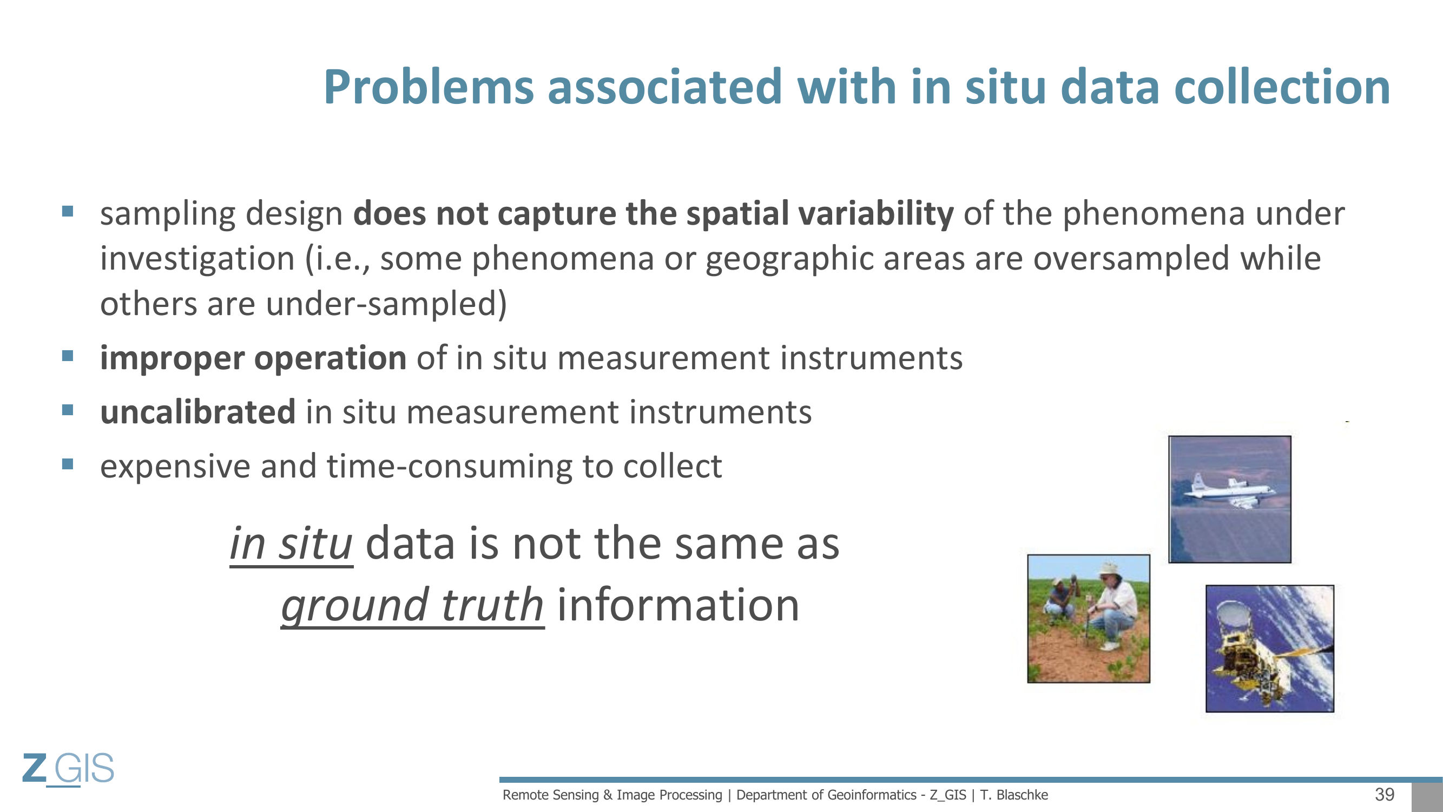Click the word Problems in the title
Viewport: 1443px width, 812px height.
[x=429, y=89]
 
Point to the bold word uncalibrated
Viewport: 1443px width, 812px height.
[x=197, y=412]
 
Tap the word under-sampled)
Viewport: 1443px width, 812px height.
[x=386, y=304]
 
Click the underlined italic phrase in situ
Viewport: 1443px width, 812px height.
[x=291, y=544]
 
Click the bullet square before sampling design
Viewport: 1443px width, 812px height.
[x=68, y=211]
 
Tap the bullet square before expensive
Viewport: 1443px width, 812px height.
[x=68, y=464]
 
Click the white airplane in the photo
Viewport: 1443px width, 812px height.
[x=1230, y=492]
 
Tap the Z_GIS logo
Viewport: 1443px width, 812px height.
[x=68, y=769]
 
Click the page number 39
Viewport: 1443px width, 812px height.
[x=1385, y=795]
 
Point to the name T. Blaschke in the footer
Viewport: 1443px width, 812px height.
[x=1014, y=795]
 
